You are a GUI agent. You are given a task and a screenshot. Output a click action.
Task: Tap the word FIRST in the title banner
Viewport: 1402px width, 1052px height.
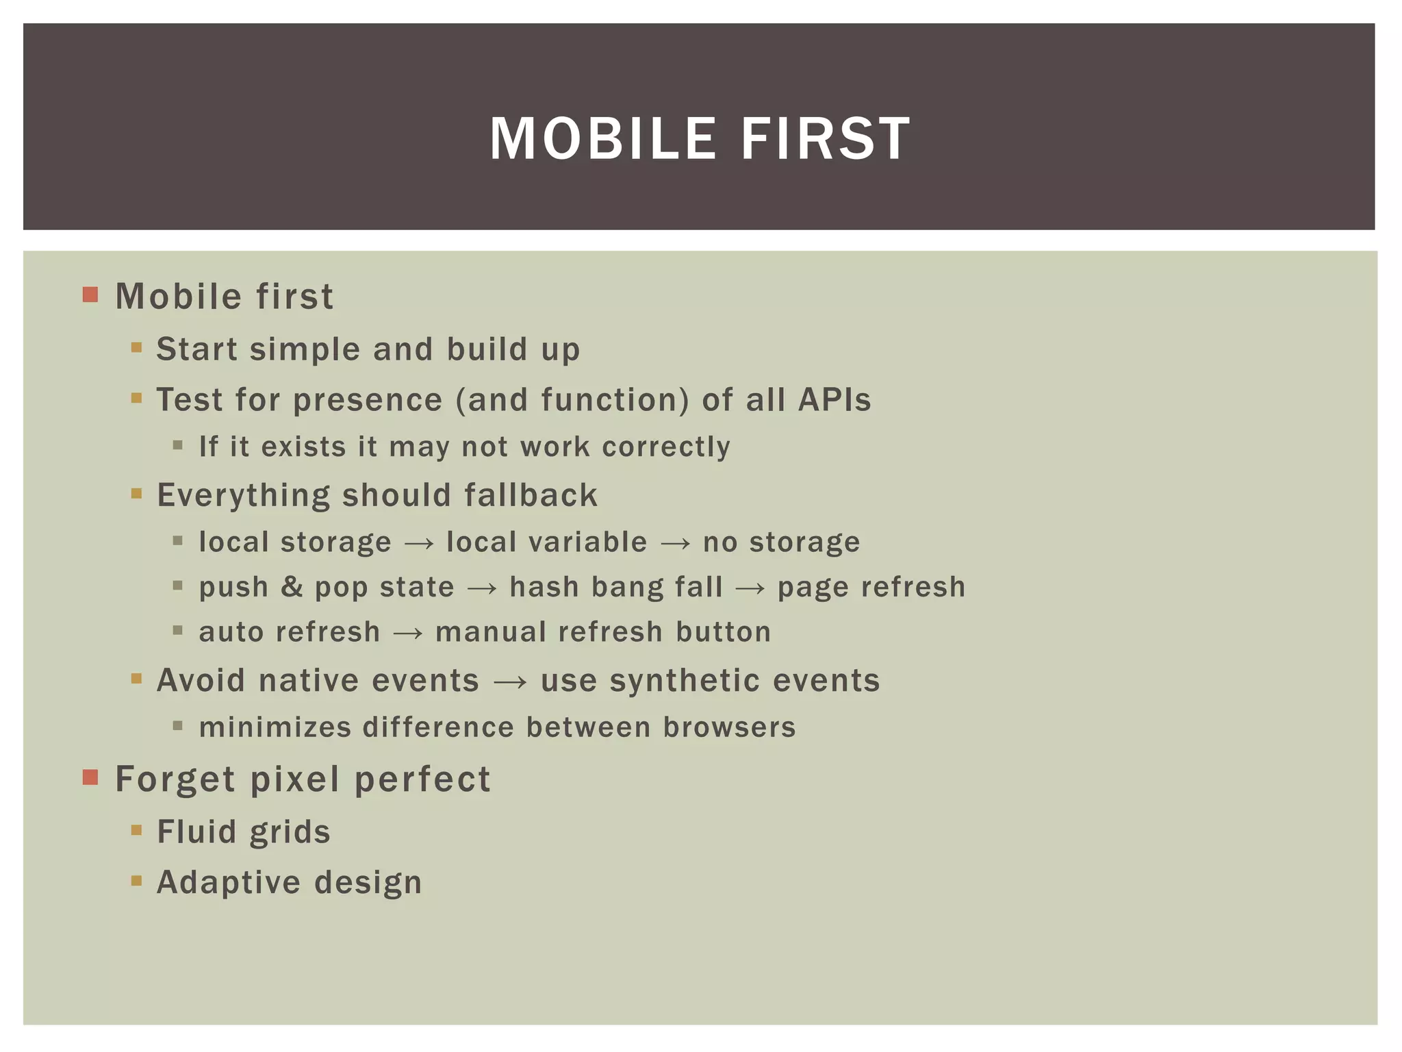point(826,139)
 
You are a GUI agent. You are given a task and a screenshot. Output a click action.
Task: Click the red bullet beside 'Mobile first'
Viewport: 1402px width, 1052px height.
point(90,295)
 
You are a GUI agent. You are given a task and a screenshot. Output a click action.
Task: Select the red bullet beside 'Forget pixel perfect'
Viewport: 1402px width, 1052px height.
point(90,777)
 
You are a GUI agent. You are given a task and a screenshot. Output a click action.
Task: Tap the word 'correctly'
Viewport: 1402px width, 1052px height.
point(666,447)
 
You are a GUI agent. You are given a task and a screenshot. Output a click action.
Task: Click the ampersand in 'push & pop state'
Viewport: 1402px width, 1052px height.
point(292,588)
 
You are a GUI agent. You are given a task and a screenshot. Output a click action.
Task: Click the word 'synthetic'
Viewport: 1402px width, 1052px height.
point(685,681)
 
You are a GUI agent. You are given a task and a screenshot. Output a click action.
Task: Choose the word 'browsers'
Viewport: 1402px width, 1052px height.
point(729,727)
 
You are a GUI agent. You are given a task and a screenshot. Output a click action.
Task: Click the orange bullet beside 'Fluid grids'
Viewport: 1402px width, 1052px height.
point(136,831)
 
